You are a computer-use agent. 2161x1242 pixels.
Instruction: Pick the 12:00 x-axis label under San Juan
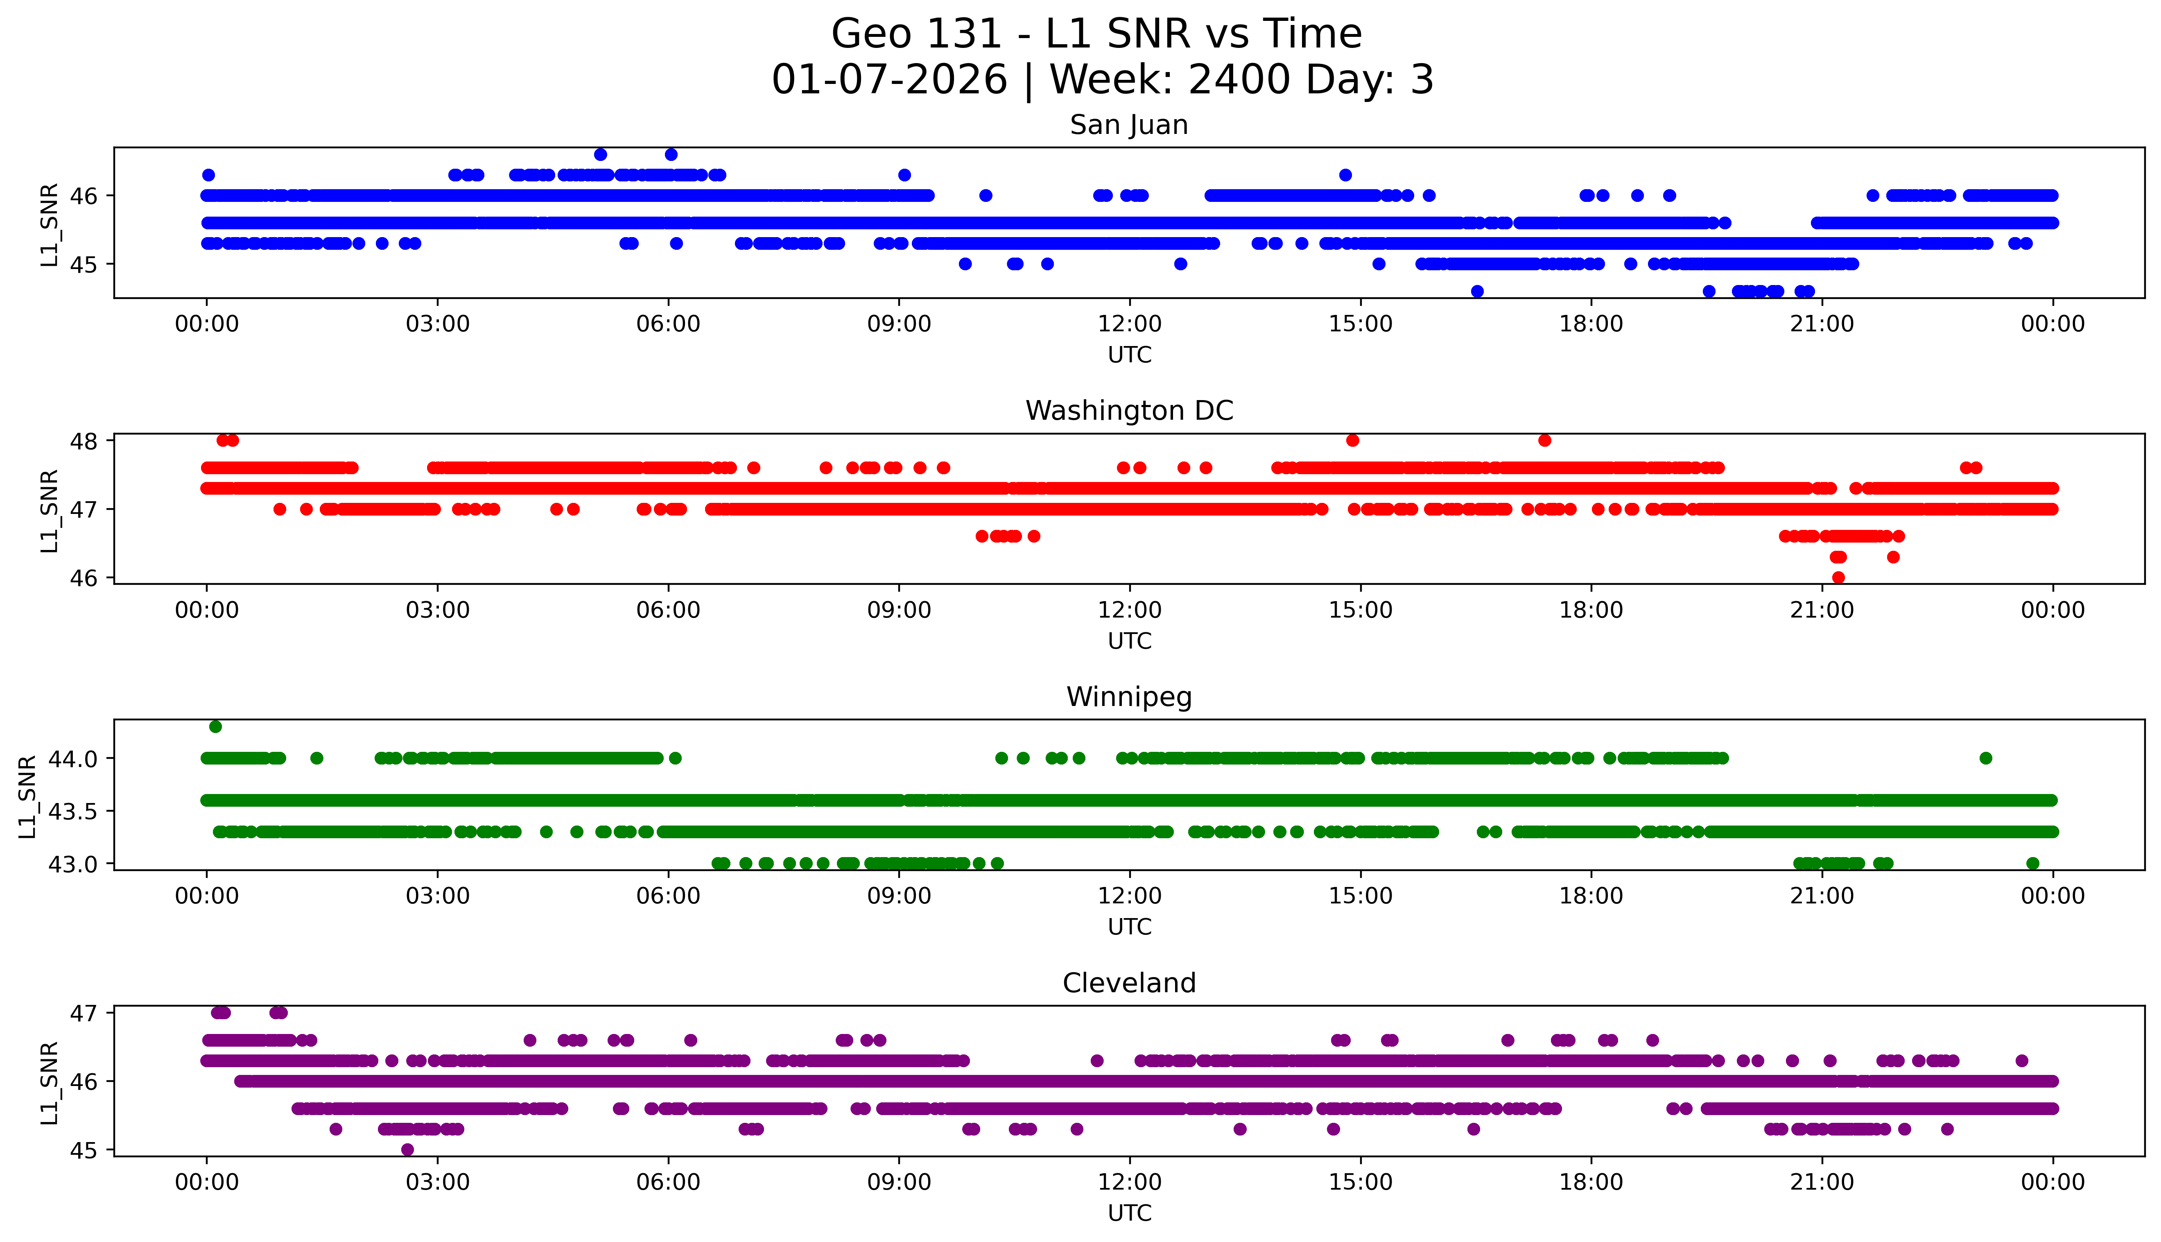pyautogui.click(x=1129, y=324)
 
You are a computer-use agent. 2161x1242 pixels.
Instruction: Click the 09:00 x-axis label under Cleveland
pyautogui.click(x=899, y=1182)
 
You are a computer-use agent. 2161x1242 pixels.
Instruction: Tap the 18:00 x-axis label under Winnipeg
pyautogui.click(x=1591, y=896)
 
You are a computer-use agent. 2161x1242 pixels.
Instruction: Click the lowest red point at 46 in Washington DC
pyautogui.click(x=1838, y=577)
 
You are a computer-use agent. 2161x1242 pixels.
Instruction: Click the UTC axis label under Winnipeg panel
pyautogui.click(x=1129, y=927)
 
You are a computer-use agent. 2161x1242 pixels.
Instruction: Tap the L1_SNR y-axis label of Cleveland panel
pyautogui.click(x=50, y=1081)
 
